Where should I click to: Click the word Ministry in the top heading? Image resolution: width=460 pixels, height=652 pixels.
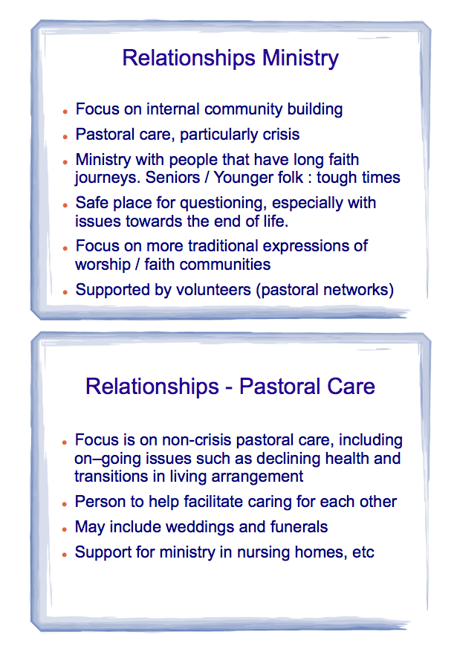pyautogui.click(x=300, y=58)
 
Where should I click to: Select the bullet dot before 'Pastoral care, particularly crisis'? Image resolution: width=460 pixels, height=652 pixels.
pyautogui.click(x=65, y=136)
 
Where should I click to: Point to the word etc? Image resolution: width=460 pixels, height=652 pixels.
pyautogui.click(x=363, y=552)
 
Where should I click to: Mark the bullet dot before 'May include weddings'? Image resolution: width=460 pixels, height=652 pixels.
pyautogui.click(x=65, y=529)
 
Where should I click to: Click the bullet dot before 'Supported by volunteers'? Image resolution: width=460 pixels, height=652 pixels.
pyautogui.click(x=65, y=292)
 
